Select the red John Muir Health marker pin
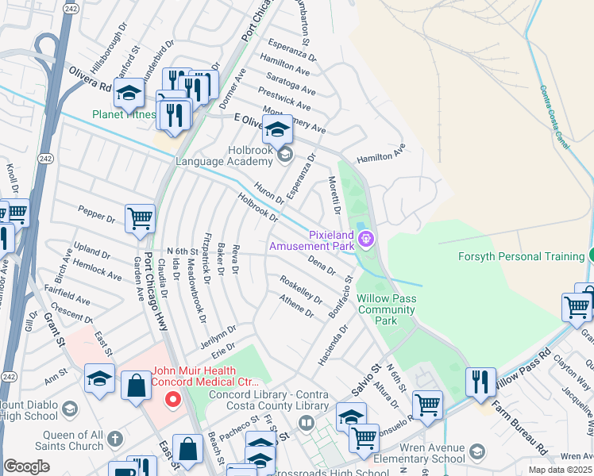click(x=171, y=401)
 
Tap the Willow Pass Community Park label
click(x=387, y=309)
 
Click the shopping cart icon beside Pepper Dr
click(x=140, y=218)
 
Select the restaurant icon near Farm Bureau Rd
click(x=480, y=382)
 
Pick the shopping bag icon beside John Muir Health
click(x=136, y=386)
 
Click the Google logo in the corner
click(x=26, y=466)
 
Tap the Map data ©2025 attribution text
click(x=560, y=470)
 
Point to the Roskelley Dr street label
click(x=300, y=290)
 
